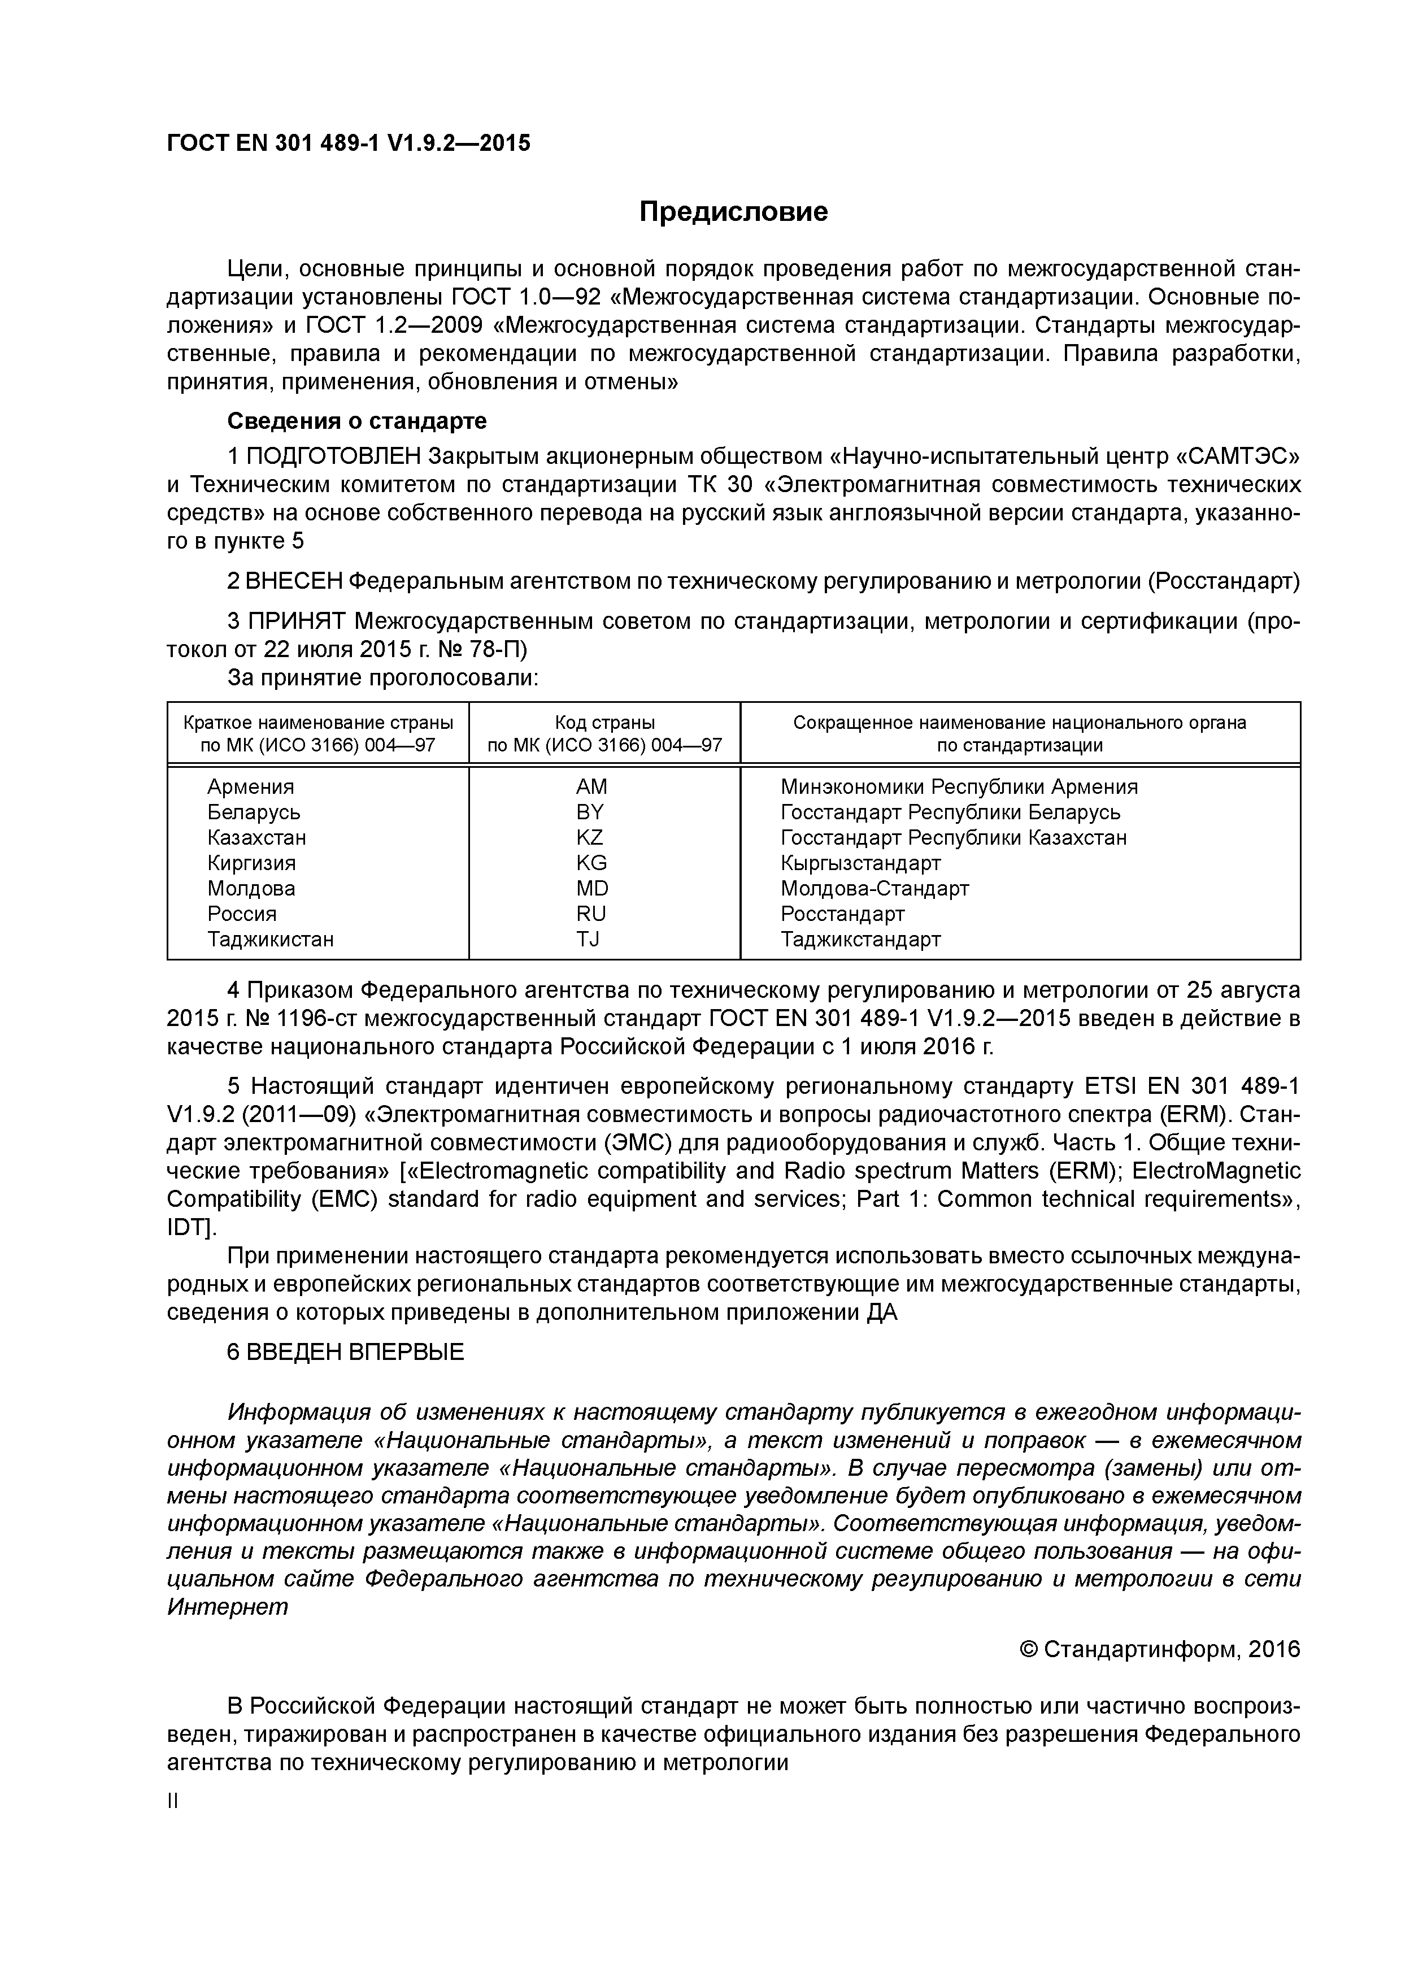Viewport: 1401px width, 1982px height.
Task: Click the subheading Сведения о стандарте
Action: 356,420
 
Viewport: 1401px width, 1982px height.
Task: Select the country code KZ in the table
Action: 590,837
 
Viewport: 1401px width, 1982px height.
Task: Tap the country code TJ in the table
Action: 588,939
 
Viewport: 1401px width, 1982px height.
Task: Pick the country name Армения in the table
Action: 250,786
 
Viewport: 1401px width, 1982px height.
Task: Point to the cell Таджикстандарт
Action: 860,939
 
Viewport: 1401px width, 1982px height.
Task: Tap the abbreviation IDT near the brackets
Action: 184,1228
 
